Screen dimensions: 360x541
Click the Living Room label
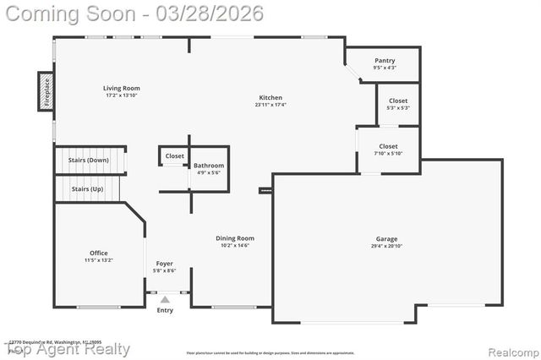pyautogui.click(x=122, y=88)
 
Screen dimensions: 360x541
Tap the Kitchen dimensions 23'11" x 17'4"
pyautogui.click(x=270, y=105)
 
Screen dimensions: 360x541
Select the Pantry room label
pyautogui.click(x=384, y=61)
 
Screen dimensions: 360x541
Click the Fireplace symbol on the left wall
pyautogui.click(x=46, y=91)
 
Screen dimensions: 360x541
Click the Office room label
pyautogui.click(x=99, y=253)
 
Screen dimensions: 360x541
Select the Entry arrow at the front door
pyautogui.click(x=165, y=298)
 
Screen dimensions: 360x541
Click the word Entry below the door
pyautogui.click(x=165, y=310)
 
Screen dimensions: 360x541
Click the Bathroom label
pyautogui.click(x=209, y=166)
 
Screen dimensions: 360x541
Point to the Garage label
pyautogui.click(x=386, y=239)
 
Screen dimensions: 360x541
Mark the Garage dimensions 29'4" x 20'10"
pyautogui.click(x=386, y=247)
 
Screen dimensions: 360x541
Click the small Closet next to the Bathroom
pyautogui.click(x=174, y=156)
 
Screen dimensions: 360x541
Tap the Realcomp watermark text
pyautogui.click(x=507, y=349)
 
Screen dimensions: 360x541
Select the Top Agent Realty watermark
pyautogui.click(x=69, y=349)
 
